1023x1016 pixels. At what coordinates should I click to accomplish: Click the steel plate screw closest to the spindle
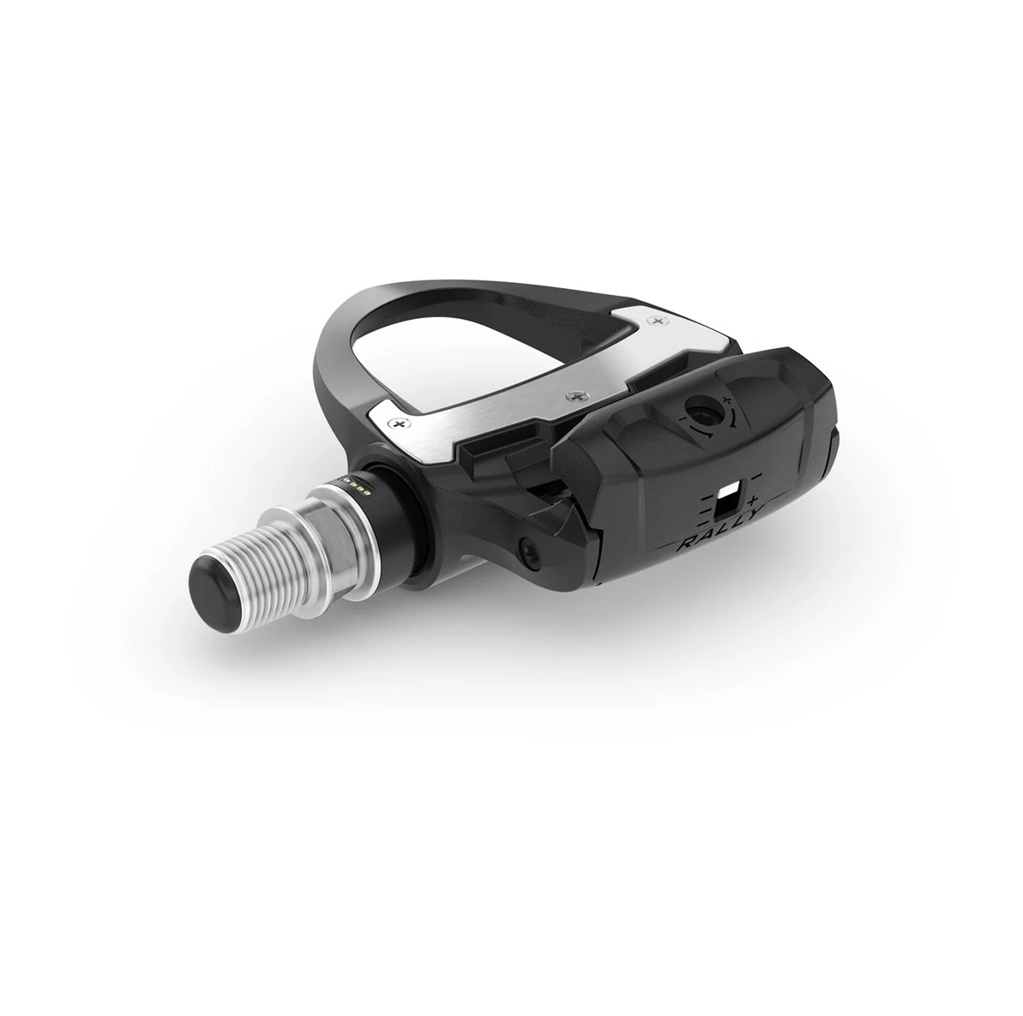click(x=397, y=424)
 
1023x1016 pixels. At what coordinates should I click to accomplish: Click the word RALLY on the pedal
click(x=719, y=521)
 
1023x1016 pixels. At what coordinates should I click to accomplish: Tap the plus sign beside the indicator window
click(x=755, y=502)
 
